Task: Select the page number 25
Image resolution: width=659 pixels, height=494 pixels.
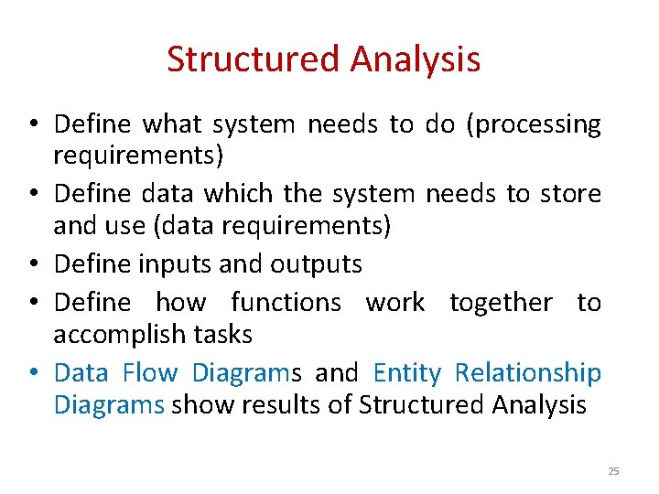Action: (x=613, y=471)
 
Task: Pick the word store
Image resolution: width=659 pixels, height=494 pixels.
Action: (x=569, y=194)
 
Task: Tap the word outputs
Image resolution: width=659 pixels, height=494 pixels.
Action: (x=316, y=265)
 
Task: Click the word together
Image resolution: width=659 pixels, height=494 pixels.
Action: (x=501, y=302)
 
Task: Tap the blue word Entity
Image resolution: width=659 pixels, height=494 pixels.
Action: (x=406, y=373)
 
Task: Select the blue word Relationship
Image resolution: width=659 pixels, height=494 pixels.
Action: (x=528, y=373)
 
